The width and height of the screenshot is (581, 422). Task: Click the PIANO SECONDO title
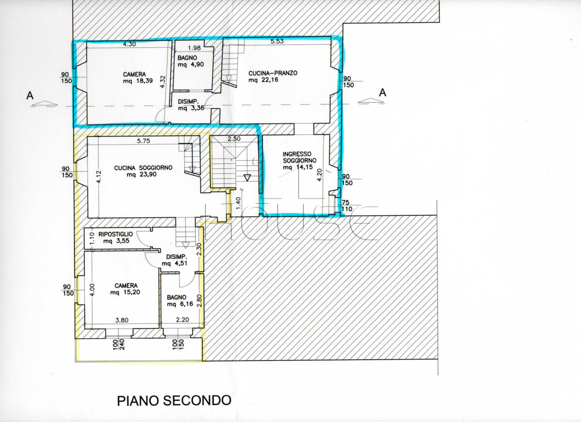click(x=174, y=401)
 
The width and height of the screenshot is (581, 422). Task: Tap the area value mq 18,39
click(x=138, y=81)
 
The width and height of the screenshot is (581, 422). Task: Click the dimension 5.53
click(x=277, y=41)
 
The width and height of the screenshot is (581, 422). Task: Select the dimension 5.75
click(x=144, y=141)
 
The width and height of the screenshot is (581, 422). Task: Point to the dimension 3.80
click(x=122, y=320)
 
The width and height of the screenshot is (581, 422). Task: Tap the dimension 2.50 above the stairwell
click(x=234, y=139)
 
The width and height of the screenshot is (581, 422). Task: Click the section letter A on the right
click(x=382, y=92)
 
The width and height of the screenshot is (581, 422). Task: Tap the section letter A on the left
click(x=30, y=96)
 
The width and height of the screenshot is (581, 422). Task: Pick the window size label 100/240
click(x=119, y=345)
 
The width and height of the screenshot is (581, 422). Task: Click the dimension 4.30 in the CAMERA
click(x=129, y=44)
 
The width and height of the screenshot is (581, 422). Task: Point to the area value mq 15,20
click(x=125, y=292)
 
